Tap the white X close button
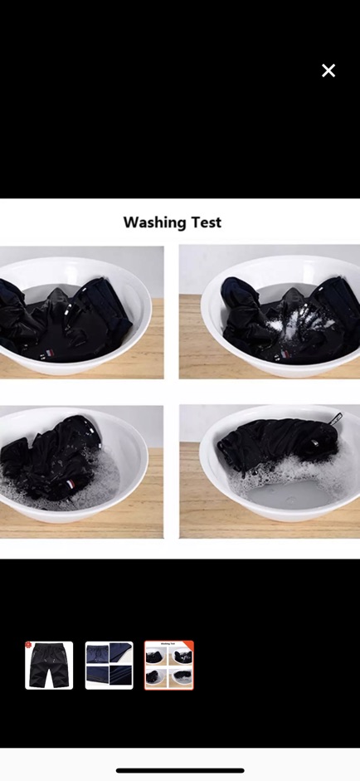(328, 71)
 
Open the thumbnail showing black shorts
(49, 665)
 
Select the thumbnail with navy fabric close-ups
(109, 665)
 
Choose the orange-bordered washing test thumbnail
(168, 665)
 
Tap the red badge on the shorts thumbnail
(28, 645)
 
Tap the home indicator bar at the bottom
(180, 770)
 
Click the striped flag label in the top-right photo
(285, 354)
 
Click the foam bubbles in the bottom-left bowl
(60, 491)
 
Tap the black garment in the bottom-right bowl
(276, 443)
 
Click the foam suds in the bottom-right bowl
(294, 471)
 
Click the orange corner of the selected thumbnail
(189, 645)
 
